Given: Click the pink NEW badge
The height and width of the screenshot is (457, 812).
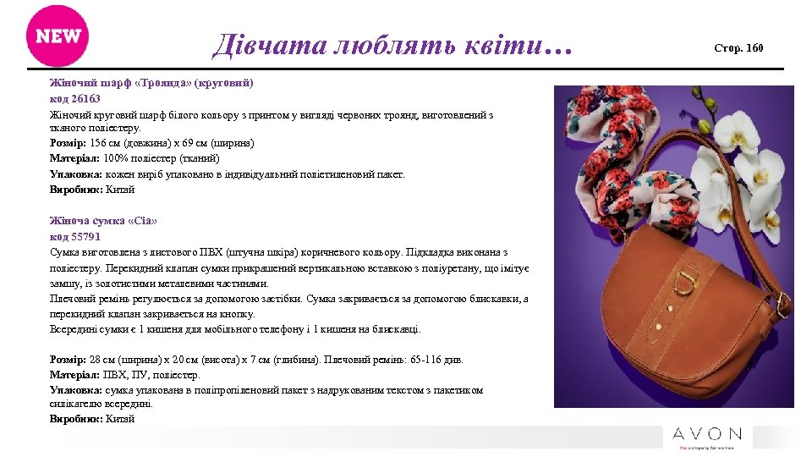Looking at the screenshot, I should pos(58,36).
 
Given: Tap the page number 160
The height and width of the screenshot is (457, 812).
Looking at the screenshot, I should pos(754,48).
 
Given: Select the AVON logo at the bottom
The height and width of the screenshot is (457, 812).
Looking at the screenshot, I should pos(707,435).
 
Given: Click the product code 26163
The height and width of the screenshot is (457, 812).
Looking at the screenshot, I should pos(86,99).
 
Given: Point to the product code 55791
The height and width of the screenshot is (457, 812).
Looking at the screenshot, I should pos(86,236).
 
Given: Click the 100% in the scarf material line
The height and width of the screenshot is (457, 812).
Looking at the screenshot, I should pos(116,159).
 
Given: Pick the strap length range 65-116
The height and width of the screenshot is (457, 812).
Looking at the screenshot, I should pos(417,360).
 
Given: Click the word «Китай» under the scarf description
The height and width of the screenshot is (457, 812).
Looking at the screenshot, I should pos(121,190).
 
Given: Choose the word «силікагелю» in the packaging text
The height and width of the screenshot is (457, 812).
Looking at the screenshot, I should pos(76,405).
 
